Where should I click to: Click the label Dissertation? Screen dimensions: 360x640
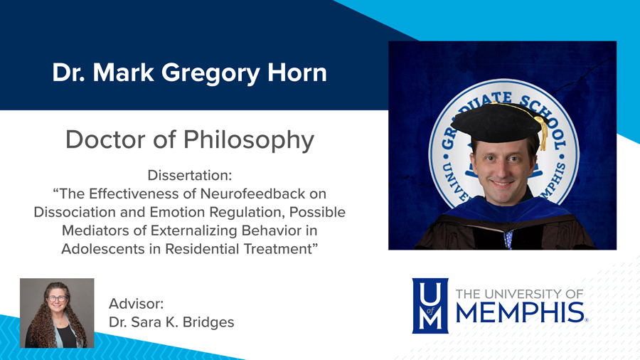coord(189,175)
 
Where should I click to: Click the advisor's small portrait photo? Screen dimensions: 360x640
coord(57,313)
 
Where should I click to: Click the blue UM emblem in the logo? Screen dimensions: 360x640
coord(430,305)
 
